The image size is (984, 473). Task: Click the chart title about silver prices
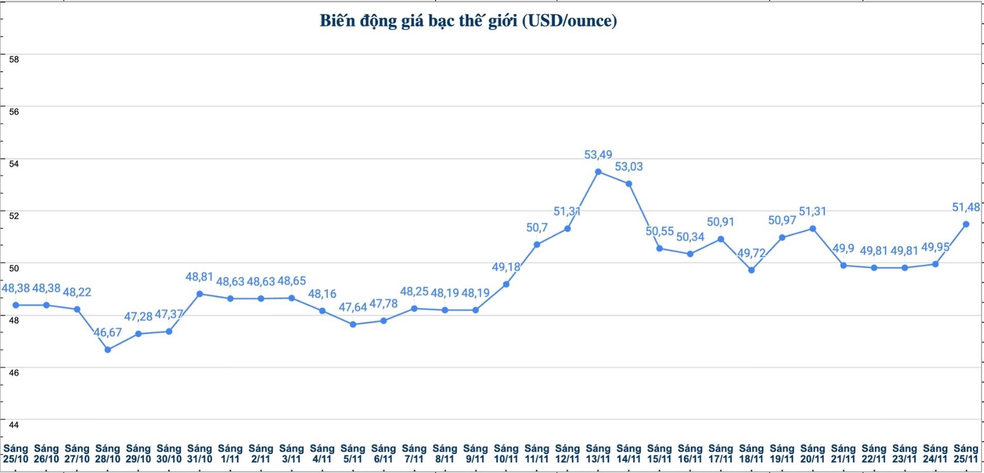pyautogui.click(x=468, y=21)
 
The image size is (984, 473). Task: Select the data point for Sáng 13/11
pyautogui.click(x=598, y=172)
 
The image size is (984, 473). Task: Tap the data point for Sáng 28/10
pyautogui.click(x=108, y=350)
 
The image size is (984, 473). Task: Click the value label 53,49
pyautogui.click(x=598, y=155)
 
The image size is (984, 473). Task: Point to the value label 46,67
pyautogui.click(x=108, y=333)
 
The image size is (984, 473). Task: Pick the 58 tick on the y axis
pyautogui.click(x=14, y=59)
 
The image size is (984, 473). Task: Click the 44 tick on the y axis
pyautogui.click(x=14, y=425)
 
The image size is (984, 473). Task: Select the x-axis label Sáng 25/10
pyautogui.click(x=15, y=454)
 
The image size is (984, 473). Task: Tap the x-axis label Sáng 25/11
pyautogui.click(x=965, y=454)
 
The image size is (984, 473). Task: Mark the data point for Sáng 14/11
pyautogui.click(x=629, y=183)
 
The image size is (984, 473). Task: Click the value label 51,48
pyautogui.click(x=965, y=207)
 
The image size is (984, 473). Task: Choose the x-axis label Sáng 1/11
pyautogui.click(x=230, y=454)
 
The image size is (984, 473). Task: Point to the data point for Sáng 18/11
pyautogui.click(x=751, y=270)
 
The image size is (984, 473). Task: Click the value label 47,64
pyautogui.click(x=353, y=308)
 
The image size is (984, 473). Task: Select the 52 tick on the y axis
pyautogui.click(x=14, y=216)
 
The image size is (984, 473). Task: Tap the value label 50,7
pyautogui.click(x=537, y=228)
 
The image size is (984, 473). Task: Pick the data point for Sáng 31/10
pyautogui.click(x=199, y=294)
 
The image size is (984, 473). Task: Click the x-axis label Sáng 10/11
pyautogui.click(x=506, y=454)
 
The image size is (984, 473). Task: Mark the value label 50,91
pyautogui.click(x=720, y=222)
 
